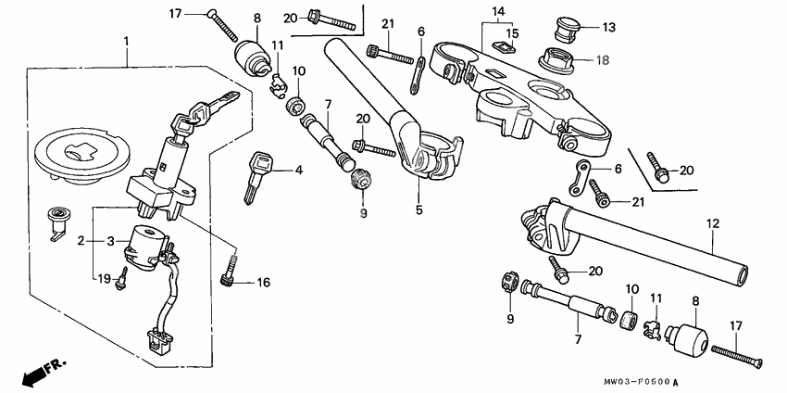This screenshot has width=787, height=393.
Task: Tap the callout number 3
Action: pos(113,241)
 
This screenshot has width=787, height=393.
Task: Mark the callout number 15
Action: pos(512,33)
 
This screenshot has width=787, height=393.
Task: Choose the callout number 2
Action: pos(81,241)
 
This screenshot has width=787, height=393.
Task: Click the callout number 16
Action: pos(264,284)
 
